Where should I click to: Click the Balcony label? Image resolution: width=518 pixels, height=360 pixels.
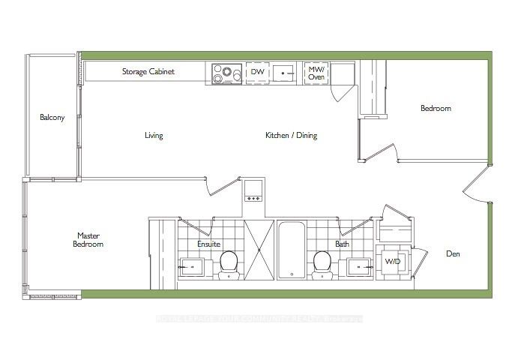point(52,118)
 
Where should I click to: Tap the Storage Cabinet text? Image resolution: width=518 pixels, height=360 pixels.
point(148,72)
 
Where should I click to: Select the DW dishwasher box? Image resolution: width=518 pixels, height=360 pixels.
point(256,73)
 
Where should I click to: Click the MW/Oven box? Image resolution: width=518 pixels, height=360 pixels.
point(315,73)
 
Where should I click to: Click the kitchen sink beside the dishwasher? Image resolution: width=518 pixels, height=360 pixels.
point(283,73)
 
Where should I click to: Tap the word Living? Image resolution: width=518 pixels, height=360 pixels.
point(154,136)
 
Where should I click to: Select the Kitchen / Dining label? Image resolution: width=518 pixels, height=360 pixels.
point(291,136)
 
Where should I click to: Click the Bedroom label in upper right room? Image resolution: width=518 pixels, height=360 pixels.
point(436,109)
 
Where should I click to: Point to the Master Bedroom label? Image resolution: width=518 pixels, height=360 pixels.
point(88,240)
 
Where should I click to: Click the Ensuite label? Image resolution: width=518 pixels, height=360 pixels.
point(208,244)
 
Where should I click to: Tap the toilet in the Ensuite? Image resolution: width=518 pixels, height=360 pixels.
point(229,263)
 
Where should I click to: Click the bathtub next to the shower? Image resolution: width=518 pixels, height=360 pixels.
point(289,250)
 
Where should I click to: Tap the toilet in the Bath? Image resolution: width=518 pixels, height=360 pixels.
point(322,263)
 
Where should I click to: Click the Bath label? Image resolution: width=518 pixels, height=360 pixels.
point(342,244)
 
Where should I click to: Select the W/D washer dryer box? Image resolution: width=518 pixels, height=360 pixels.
point(392,262)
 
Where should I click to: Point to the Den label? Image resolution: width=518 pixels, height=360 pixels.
point(453,254)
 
